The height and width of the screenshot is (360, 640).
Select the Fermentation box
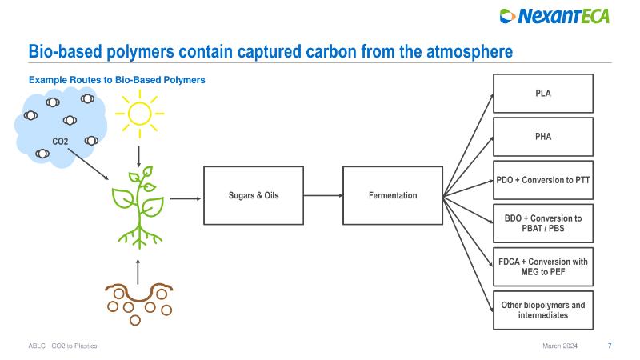392,195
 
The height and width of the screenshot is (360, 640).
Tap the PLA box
543,94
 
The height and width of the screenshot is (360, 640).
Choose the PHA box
543,137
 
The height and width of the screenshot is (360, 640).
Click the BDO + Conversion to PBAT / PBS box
543,223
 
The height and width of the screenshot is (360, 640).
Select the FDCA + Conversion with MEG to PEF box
543,266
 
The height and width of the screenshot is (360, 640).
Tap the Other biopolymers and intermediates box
543,310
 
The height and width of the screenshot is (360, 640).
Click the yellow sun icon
140,113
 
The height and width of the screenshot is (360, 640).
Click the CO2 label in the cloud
60,142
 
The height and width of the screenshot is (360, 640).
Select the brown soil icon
138,300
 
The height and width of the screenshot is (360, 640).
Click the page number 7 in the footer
610,346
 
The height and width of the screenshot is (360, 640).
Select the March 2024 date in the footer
558,346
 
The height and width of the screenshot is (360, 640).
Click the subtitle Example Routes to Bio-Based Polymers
117,80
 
